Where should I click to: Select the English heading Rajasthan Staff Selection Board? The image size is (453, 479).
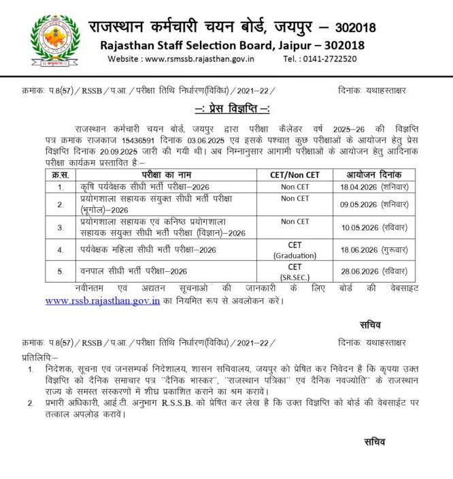(232, 46)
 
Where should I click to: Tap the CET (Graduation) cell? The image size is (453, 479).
(295, 249)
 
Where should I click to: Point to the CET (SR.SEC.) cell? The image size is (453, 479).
(295, 271)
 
